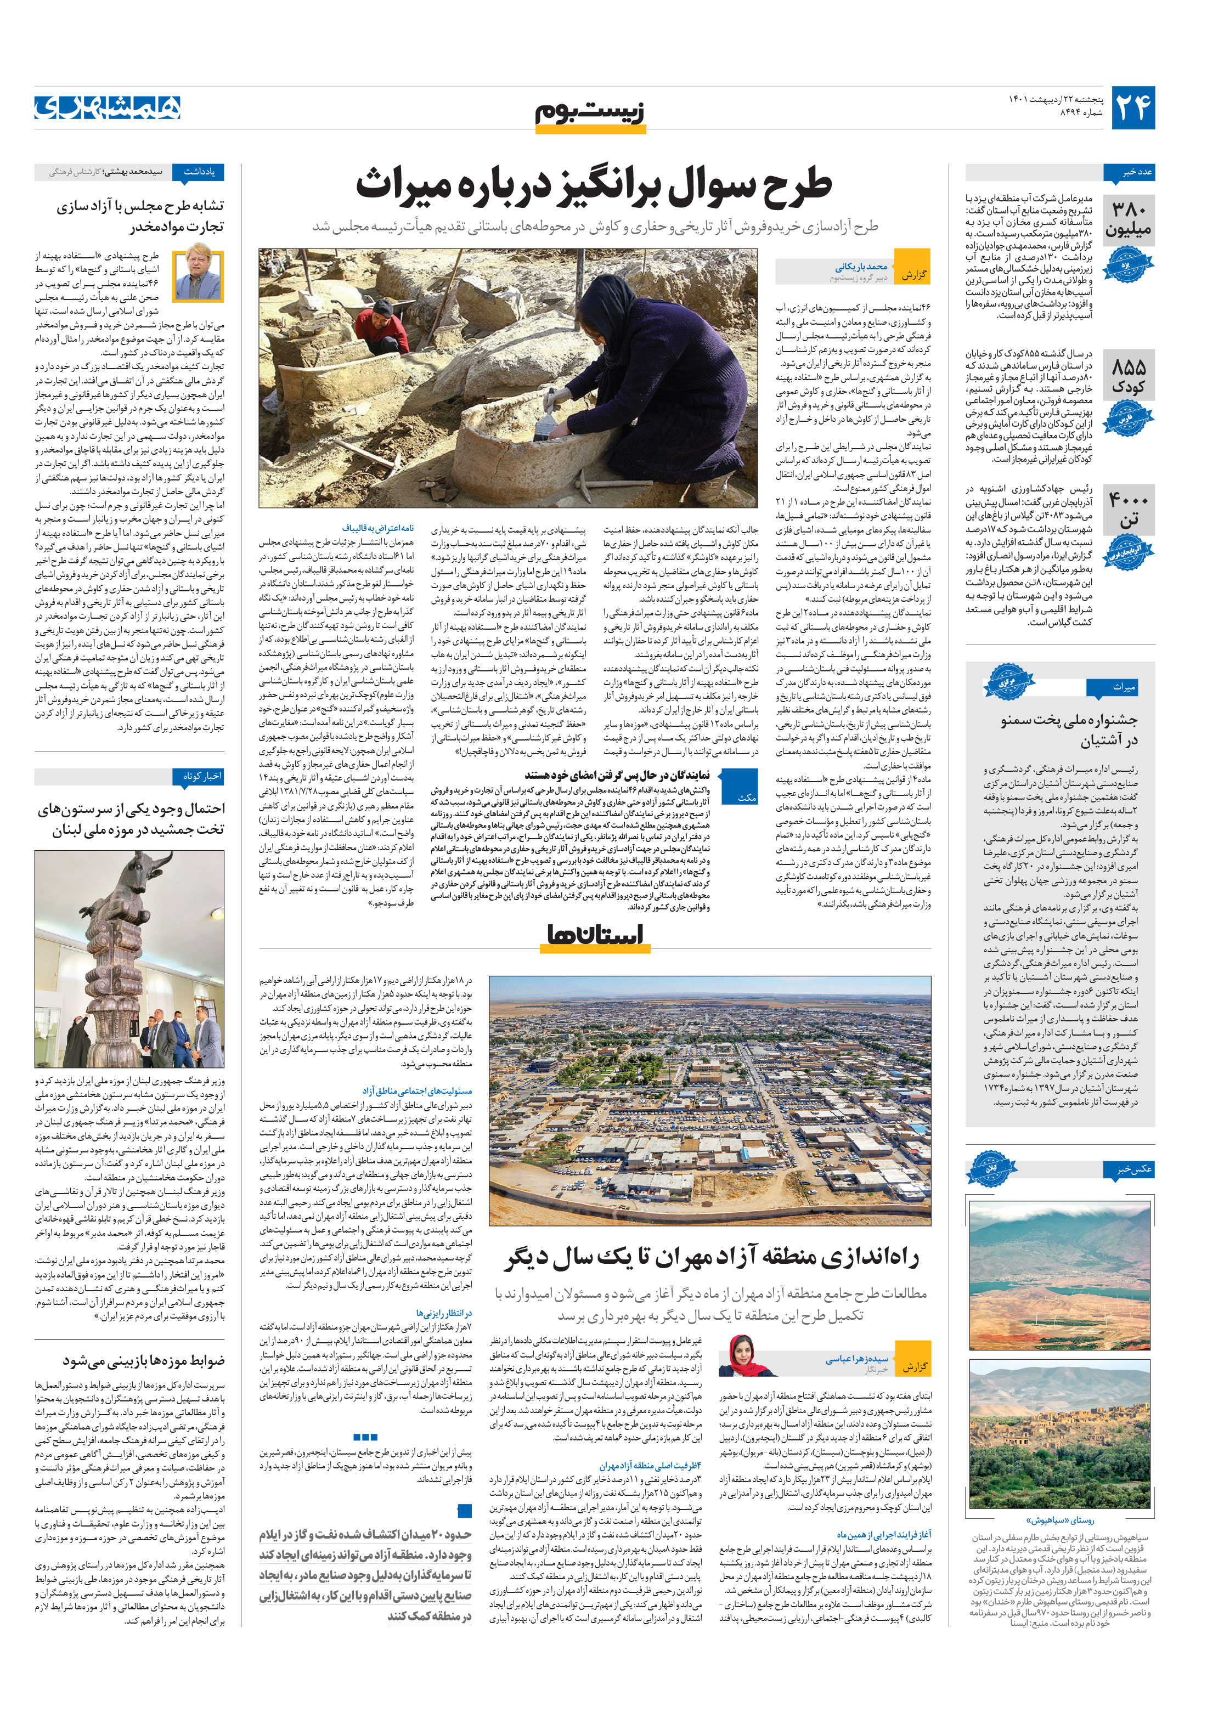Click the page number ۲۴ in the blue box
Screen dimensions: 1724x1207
point(1132,108)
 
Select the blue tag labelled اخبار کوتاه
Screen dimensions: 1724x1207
point(198,776)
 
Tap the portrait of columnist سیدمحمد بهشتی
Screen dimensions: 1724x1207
point(198,275)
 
